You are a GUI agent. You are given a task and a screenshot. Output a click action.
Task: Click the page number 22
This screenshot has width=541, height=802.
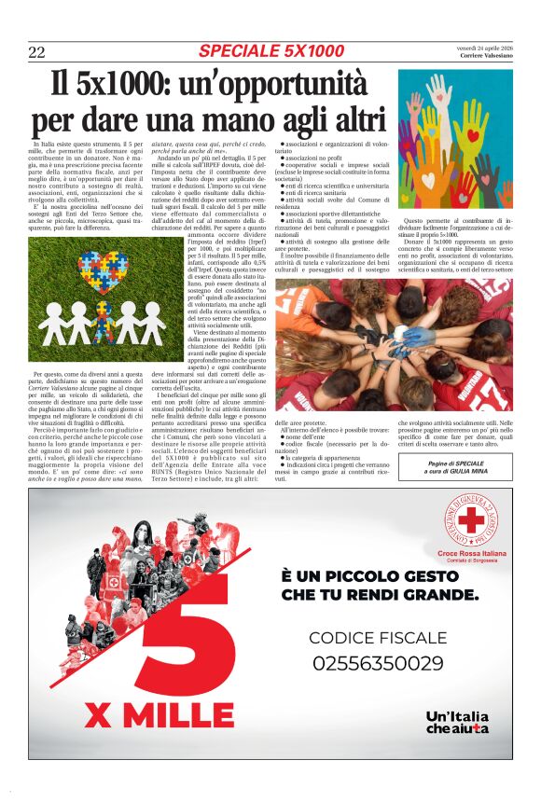(x=37, y=52)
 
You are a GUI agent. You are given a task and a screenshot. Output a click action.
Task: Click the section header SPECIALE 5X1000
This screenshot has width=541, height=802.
(x=270, y=50)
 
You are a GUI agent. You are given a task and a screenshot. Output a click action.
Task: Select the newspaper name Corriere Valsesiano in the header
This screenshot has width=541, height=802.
(x=485, y=55)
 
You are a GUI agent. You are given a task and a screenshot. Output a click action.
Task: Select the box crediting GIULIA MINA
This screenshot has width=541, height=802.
(x=455, y=466)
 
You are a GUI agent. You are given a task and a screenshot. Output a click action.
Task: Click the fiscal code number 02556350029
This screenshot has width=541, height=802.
(x=378, y=664)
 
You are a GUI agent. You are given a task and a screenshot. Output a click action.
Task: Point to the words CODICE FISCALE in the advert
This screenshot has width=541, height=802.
(x=377, y=638)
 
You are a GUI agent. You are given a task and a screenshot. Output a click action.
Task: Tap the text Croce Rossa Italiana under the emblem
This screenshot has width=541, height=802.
(x=473, y=555)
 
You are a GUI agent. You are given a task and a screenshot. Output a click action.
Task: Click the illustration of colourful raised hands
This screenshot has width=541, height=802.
(x=455, y=140)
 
